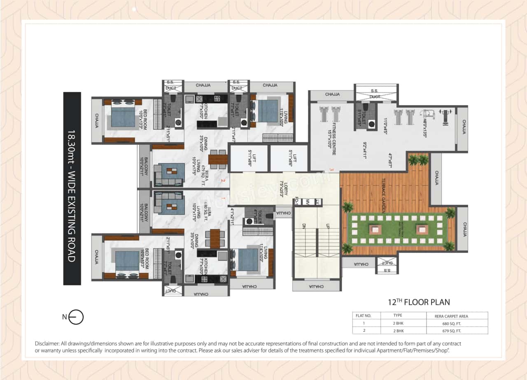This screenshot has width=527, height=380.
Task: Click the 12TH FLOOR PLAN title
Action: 419,302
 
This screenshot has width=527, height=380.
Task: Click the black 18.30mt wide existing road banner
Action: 72,188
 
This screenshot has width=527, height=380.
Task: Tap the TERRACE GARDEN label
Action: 383,195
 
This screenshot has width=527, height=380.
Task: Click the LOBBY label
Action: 282,188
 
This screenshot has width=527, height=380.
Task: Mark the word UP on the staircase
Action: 327,226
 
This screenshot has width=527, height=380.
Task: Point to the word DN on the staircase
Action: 304,226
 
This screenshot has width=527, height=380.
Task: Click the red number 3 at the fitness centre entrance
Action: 331,169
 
